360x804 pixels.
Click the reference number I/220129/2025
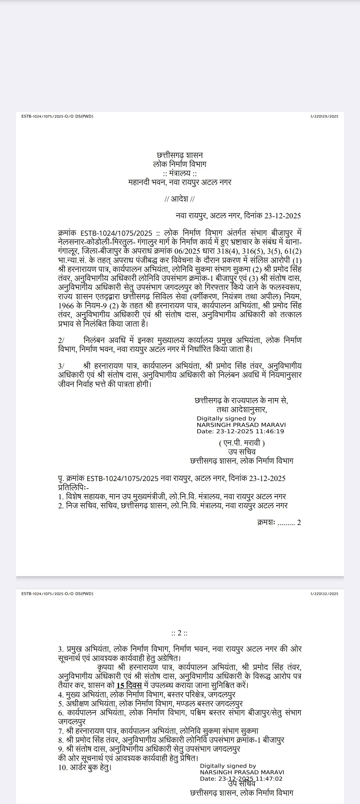(324, 116)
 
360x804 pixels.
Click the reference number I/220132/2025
(324, 594)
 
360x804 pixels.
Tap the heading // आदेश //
(180, 199)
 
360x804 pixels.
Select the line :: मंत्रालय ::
(180, 173)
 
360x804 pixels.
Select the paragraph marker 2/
(61, 341)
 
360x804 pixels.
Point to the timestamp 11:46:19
(272, 431)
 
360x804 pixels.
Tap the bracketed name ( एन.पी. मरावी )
(242, 443)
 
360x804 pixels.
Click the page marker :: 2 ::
(180, 633)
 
